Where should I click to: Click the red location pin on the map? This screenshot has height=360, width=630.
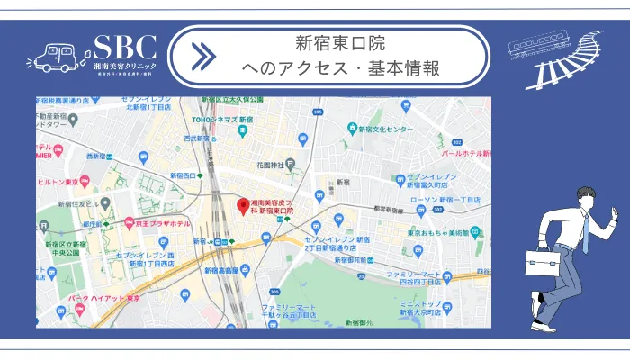(241, 204)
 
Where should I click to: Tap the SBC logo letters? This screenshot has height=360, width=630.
(125, 47)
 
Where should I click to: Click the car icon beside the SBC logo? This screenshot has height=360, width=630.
(56, 58)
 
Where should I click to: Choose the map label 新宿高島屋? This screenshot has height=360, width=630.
(220, 269)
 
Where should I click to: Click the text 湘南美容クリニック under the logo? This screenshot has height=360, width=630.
(125, 67)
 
